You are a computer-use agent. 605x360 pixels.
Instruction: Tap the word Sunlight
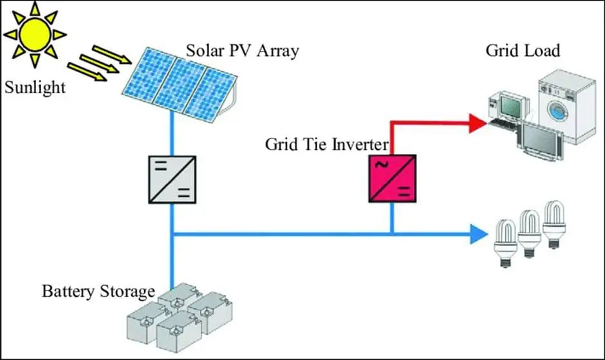tap(35, 86)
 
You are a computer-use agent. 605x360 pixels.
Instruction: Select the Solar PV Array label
tap(242, 50)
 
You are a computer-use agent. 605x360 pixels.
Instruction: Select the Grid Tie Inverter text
tap(327, 144)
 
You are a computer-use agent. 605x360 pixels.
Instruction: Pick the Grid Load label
tap(522, 51)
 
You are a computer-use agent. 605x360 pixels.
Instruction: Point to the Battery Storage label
tap(98, 291)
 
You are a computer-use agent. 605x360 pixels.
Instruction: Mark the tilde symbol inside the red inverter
tap(381, 166)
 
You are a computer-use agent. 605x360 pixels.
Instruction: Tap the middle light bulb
tap(529, 232)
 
